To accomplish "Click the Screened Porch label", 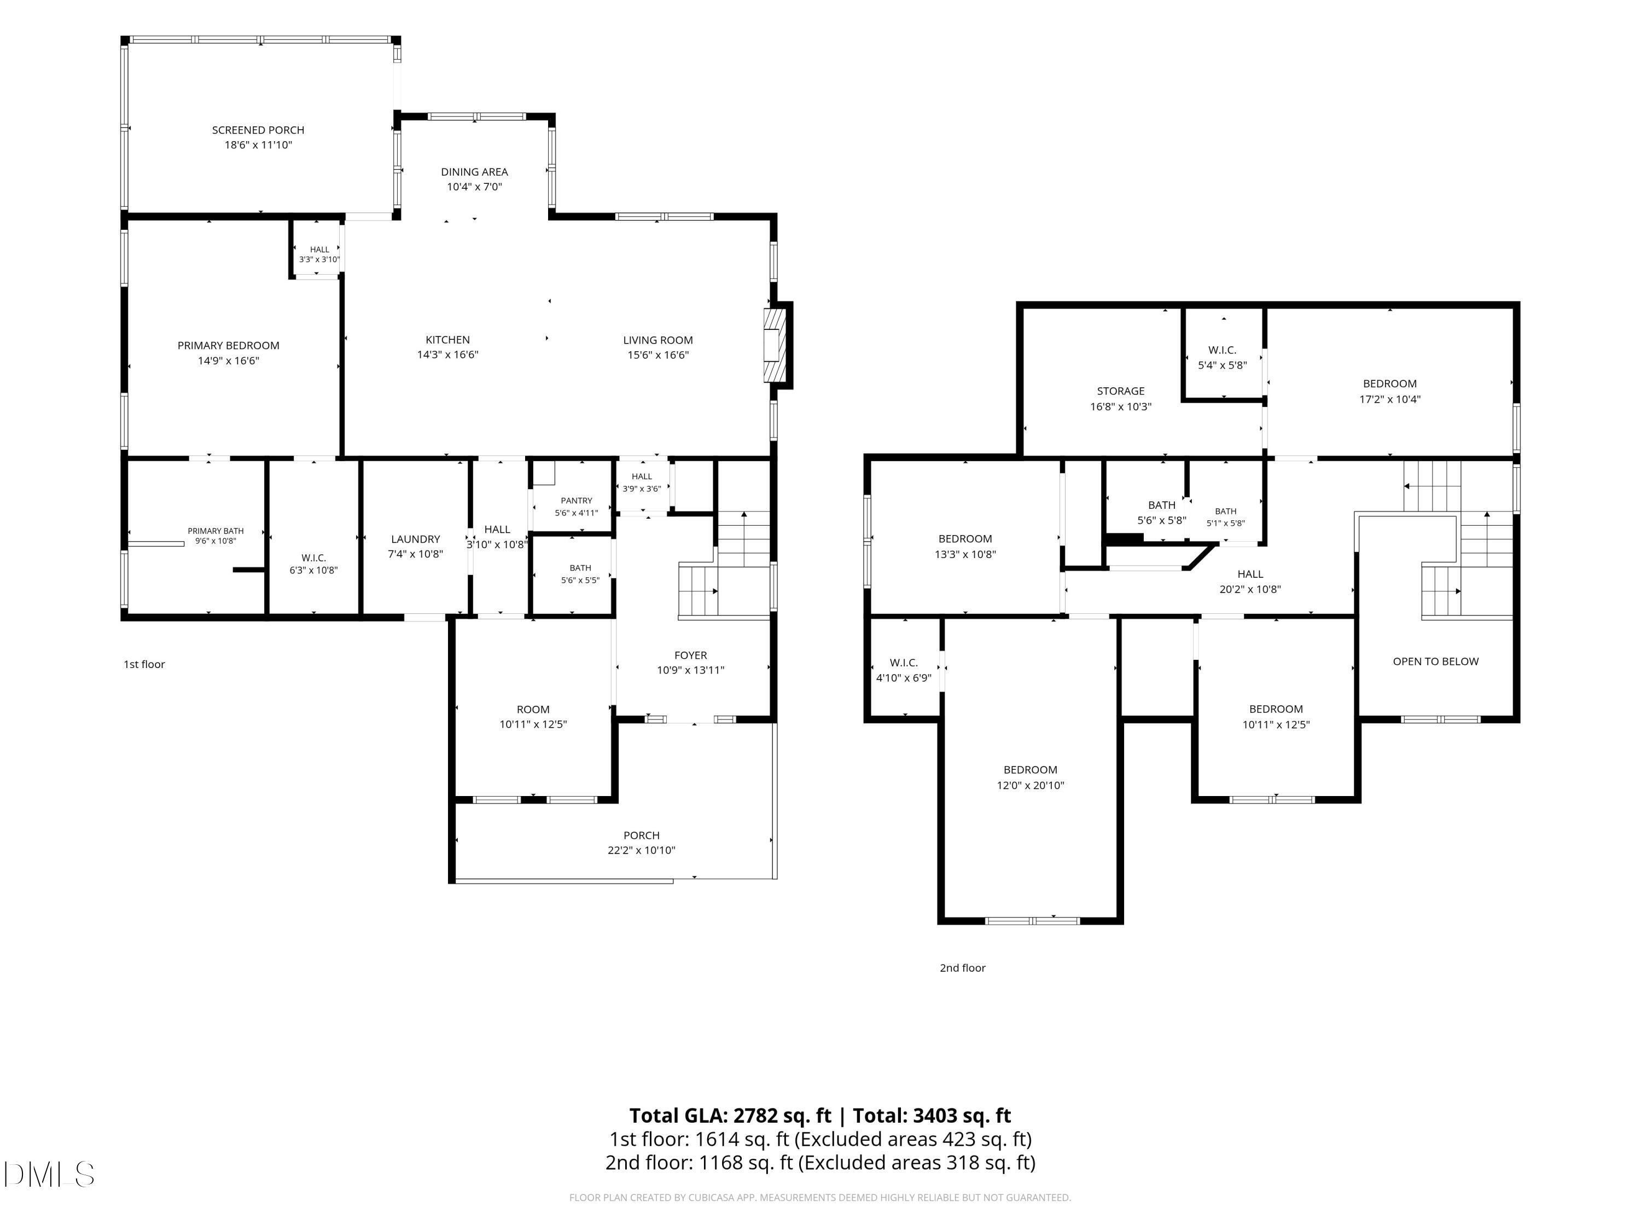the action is point(258,130).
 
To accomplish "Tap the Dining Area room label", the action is point(474,171).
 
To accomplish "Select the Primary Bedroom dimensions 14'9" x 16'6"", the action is point(229,361).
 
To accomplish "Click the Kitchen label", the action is point(447,340).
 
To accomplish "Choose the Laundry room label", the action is point(415,539).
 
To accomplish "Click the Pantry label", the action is point(577,501).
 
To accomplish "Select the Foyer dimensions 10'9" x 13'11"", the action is point(691,670).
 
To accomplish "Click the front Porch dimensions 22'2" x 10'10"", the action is point(642,850).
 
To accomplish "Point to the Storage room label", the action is point(1120,391).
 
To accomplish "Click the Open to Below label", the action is point(1435,661).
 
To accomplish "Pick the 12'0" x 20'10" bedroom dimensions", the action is point(1031,785).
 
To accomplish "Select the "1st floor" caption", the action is point(144,664).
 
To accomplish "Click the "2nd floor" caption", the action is point(962,968).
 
